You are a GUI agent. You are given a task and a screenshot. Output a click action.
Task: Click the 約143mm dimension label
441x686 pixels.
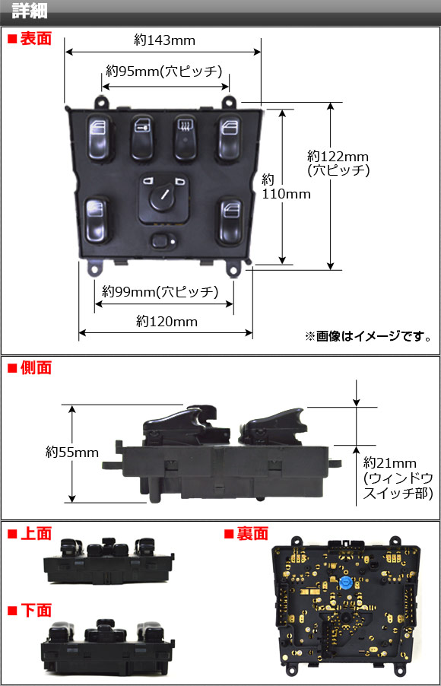(164, 40)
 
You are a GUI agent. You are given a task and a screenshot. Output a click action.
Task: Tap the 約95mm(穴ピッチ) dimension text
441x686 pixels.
(164, 71)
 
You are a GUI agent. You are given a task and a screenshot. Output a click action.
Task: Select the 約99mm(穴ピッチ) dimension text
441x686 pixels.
(160, 291)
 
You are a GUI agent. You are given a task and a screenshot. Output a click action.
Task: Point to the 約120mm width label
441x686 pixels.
(167, 322)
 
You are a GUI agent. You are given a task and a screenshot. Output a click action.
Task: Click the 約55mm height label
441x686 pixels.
(72, 452)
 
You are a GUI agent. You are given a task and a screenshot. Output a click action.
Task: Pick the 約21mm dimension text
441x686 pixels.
(390, 463)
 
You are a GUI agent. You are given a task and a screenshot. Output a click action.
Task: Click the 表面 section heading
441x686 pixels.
(30, 39)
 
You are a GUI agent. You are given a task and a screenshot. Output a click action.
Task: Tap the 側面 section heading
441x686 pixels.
(30, 367)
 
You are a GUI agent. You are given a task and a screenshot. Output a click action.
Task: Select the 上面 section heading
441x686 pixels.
(30, 533)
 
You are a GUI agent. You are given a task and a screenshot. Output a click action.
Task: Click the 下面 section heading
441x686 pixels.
(30, 610)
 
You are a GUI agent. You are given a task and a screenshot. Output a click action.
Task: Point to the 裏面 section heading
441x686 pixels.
(246, 533)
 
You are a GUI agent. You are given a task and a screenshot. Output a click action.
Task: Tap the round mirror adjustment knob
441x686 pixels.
(163, 197)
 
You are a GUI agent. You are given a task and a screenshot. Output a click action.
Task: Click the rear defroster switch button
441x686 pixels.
(185, 138)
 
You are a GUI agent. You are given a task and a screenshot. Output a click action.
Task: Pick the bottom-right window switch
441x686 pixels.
(230, 222)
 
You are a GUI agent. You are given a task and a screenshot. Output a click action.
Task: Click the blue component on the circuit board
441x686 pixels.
(345, 583)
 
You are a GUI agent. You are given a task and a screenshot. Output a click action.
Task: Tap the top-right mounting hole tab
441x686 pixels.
(229, 102)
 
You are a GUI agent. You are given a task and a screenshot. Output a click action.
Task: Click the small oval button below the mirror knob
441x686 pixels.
(163, 240)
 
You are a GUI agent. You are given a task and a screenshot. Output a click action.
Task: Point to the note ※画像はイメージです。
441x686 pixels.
(367, 336)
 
